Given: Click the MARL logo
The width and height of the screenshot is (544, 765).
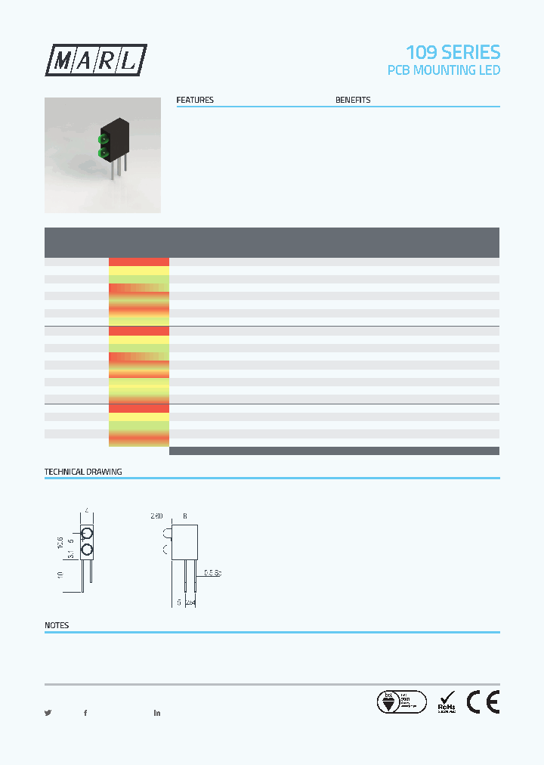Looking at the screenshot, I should coord(96,60).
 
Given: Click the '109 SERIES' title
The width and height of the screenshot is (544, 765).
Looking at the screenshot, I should coord(453,52).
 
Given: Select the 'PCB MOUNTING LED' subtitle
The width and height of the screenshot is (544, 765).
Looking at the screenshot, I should coord(444,70).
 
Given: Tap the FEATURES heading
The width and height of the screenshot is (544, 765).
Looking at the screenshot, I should coord(195,100).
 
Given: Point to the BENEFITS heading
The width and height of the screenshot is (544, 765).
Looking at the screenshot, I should coord(353,100).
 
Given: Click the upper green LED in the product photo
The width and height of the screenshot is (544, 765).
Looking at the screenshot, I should coord(103,139).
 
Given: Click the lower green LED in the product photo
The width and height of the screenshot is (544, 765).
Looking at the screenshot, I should coord(103,154).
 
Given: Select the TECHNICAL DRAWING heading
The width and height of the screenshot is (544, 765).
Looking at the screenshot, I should coord(83,472).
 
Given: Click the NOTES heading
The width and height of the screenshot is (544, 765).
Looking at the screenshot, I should coord(57,625).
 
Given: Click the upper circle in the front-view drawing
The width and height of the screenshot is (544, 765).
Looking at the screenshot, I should coord(87,534).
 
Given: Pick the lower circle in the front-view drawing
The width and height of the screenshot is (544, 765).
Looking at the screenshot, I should coord(87,550).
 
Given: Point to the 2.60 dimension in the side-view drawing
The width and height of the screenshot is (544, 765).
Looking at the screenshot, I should coord(156,516).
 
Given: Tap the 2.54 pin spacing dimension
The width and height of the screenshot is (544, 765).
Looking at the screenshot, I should coord(191,602).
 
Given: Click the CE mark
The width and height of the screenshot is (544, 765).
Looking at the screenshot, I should coord(482,702).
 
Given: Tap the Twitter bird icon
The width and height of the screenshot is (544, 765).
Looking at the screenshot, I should coord(48,713).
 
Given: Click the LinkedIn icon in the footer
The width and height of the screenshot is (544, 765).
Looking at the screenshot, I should coord(157,713).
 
